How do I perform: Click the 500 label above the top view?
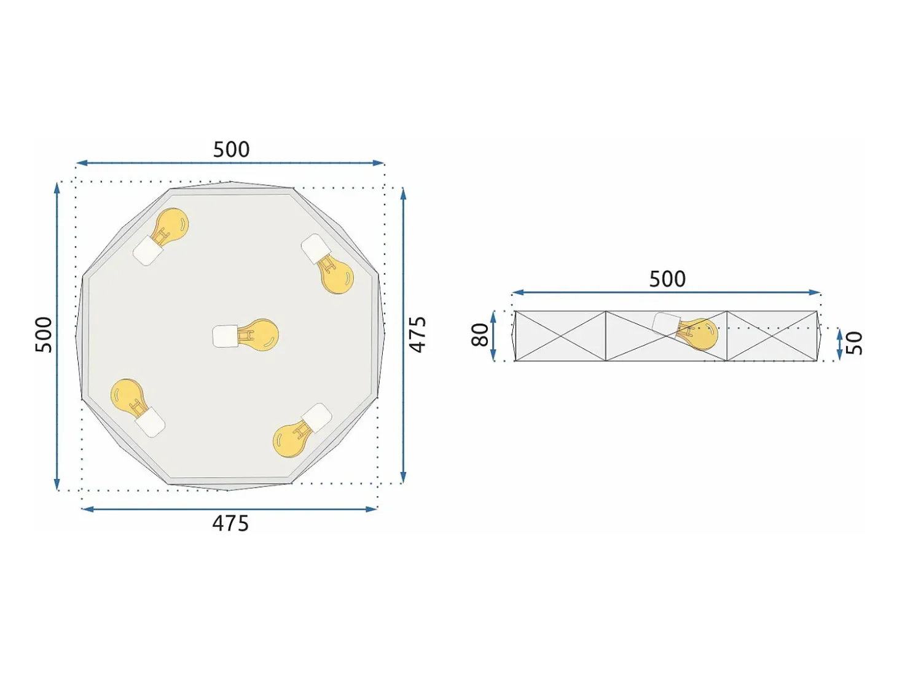coord(231,149)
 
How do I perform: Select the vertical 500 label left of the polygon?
coord(44,335)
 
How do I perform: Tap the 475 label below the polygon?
coord(230,524)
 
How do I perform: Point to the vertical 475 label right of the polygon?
coord(418,335)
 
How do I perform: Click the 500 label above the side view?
coord(667,279)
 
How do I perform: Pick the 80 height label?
coord(480,335)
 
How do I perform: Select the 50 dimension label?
coord(854,343)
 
